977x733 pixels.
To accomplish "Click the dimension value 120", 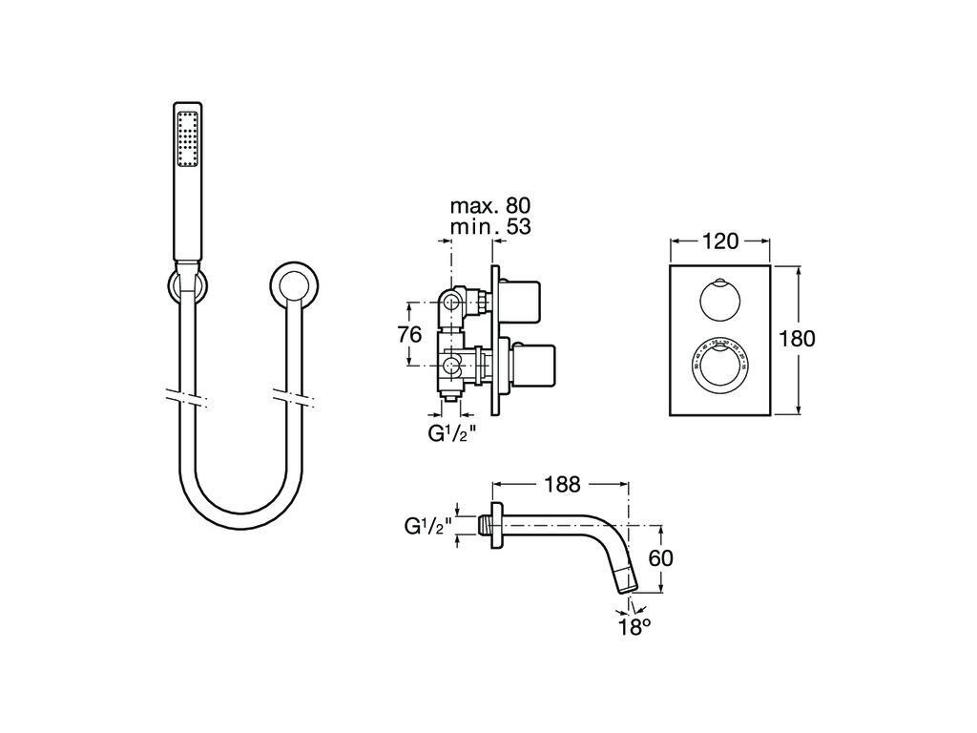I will point(720,241).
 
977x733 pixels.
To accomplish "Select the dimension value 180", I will point(797,338).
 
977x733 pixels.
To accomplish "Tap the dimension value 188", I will point(562,484).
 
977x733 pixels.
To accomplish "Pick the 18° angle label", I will point(634,626).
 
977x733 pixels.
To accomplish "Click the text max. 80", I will point(490,205).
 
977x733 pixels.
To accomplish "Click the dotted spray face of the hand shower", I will point(186,140).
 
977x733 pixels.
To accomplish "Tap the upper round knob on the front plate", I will point(717,300).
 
